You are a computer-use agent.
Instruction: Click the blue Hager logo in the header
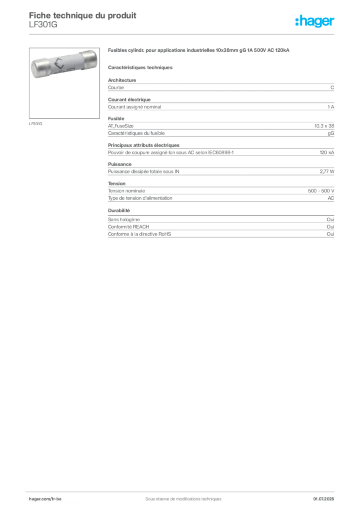click(x=315, y=21)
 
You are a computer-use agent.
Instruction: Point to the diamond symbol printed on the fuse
click(x=59, y=64)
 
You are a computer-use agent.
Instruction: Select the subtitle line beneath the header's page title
click(x=44, y=28)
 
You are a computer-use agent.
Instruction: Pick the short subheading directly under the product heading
click(x=141, y=67)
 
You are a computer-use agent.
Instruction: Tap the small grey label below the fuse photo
click(x=35, y=123)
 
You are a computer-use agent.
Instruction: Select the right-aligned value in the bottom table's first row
click(x=332, y=218)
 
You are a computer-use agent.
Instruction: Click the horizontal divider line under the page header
click(x=183, y=33)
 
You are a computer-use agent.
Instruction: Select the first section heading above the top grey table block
click(x=117, y=78)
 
